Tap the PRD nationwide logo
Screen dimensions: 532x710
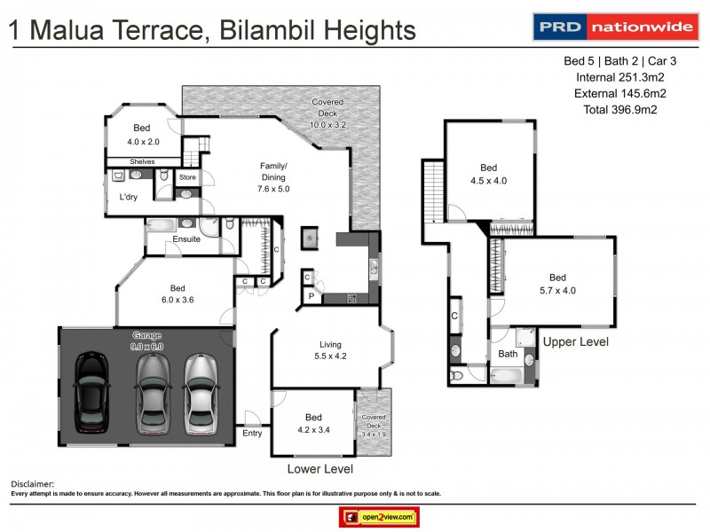[613, 27]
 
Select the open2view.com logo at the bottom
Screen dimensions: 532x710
[379, 517]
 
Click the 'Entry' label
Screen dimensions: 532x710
[252, 434]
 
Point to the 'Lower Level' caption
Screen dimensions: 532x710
[319, 469]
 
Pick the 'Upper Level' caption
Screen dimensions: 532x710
[575, 341]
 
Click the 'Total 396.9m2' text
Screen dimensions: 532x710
[612, 109]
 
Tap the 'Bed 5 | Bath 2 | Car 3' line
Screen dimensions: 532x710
[612, 61]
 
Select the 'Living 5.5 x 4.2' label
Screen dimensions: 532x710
[331, 351]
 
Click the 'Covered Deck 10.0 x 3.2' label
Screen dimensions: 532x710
[327, 113]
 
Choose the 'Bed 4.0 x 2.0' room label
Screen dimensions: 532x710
[142, 135]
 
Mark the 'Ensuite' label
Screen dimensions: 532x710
[186, 239]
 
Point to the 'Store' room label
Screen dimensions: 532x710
[187, 177]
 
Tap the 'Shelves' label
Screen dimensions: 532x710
[142, 161]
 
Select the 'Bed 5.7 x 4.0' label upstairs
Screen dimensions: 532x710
[557, 284]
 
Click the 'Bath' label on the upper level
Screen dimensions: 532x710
[508, 355]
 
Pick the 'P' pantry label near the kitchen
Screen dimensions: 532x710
[311, 295]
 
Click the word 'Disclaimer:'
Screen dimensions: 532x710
[32, 484]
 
